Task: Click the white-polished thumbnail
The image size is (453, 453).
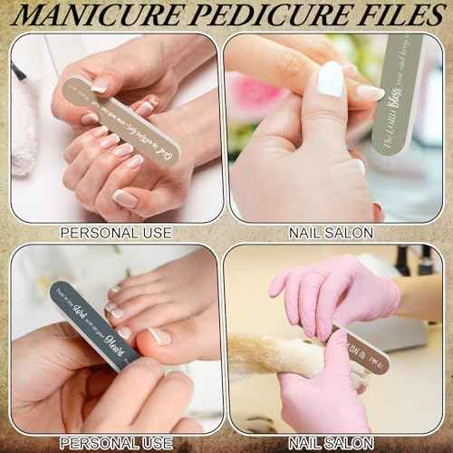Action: [x=331, y=79]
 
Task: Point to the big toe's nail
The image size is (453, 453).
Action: [x=160, y=336]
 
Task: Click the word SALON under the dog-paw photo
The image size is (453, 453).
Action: [x=349, y=444]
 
